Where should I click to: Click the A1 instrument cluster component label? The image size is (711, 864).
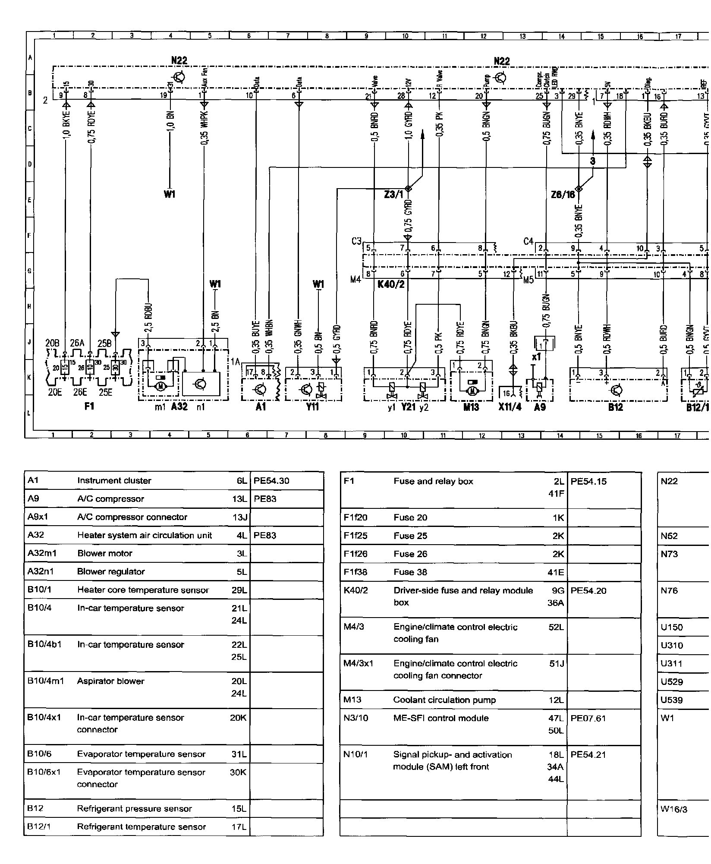click(x=261, y=407)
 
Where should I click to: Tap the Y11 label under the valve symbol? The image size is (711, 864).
click(x=312, y=407)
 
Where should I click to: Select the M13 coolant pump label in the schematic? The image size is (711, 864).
click(x=471, y=407)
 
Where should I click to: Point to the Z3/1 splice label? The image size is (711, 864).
click(x=393, y=195)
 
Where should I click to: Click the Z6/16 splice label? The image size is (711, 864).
click(x=563, y=195)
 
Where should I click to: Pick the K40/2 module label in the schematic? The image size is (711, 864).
click(x=390, y=284)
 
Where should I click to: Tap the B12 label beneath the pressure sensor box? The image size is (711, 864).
click(x=616, y=407)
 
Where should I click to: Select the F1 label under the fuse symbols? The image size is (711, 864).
click(x=89, y=407)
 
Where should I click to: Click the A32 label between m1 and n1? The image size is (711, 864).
click(x=179, y=407)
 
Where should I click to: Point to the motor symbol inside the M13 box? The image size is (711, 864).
click(x=472, y=391)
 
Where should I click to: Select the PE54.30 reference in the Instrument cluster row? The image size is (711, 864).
click(x=271, y=481)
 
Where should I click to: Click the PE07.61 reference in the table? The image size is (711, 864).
click(x=588, y=718)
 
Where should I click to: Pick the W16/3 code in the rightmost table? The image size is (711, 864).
click(x=672, y=809)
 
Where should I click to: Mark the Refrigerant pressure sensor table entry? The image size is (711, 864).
click(x=134, y=809)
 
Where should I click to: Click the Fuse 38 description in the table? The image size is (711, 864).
click(x=410, y=572)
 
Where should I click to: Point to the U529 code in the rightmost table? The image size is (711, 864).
click(x=672, y=682)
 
